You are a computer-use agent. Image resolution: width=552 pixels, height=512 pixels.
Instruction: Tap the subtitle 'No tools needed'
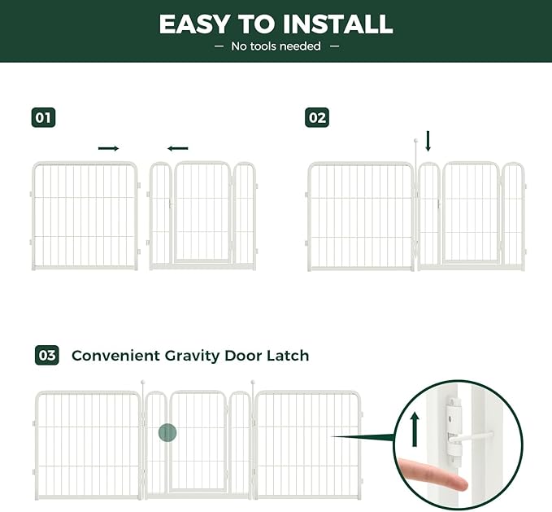point(276,46)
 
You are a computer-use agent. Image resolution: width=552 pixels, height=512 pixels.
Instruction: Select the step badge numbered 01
point(44,118)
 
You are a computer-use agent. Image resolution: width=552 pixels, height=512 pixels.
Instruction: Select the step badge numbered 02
point(317,118)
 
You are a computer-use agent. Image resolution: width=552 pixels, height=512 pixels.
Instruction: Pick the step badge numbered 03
point(47,356)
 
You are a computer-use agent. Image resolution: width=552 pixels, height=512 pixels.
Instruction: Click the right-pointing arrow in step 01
point(108,148)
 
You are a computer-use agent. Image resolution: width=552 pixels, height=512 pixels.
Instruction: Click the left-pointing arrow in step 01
point(177,148)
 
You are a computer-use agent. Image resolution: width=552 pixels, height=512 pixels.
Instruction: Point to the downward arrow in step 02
point(428,142)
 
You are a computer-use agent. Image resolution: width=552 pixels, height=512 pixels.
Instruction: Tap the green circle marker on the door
point(167,432)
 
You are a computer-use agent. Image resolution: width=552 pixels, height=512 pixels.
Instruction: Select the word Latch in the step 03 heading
point(285,356)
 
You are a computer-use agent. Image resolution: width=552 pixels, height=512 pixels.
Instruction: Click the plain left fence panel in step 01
point(85,216)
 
